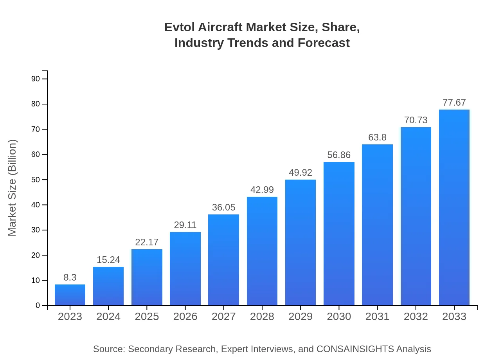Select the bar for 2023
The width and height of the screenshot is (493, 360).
pos(70,295)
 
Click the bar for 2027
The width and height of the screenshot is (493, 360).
pos(223,260)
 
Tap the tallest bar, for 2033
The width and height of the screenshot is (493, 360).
pos(454,207)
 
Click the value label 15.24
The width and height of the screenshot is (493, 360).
pos(108,260)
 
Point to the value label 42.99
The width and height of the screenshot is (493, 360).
pos(262,190)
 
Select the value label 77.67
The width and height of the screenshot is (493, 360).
pos(454,103)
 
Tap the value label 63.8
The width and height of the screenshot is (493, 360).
pos(377,137)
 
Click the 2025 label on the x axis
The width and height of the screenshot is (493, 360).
pos(147,317)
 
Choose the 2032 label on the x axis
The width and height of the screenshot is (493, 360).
pos(416,317)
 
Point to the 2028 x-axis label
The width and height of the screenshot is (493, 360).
pos(262,317)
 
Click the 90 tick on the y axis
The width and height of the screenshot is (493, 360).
pos(36,79)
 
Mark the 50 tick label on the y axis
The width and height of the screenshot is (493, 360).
pos(36,180)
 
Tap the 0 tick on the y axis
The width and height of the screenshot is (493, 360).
pos(38,306)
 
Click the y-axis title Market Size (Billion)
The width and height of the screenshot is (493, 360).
pos(13,188)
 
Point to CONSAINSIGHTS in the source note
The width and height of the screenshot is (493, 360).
pos(355,349)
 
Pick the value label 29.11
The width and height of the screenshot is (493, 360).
pos(185,225)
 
